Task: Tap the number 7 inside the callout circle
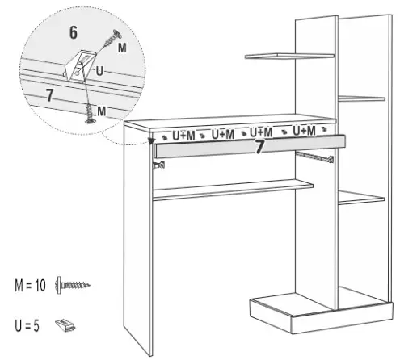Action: point(49,94)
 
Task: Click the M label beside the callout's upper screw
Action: point(122,49)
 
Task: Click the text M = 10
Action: point(29,285)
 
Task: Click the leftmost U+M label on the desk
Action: point(180,134)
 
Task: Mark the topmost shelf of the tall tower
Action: point(287,56)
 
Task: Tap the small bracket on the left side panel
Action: point(158,165)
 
